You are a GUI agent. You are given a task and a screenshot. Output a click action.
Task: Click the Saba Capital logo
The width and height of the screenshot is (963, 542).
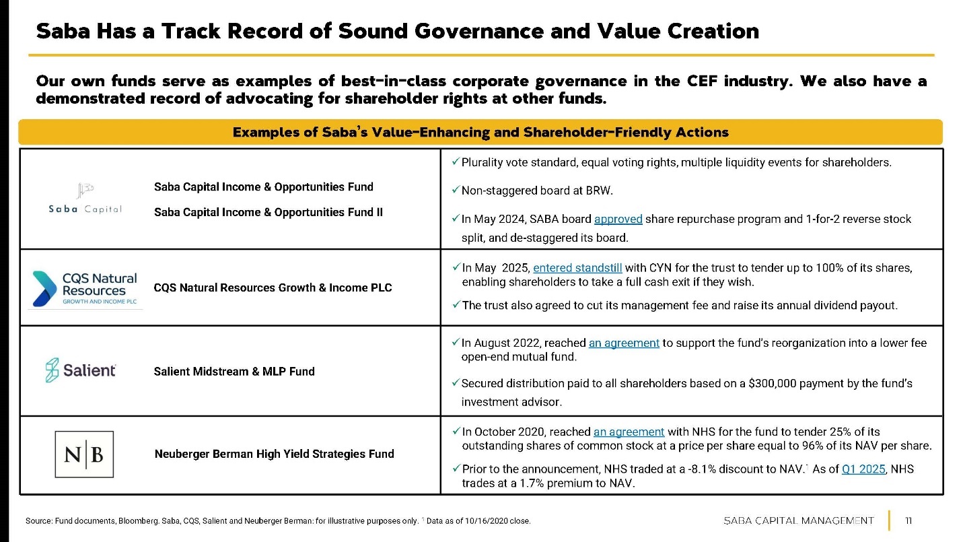coord(85,199)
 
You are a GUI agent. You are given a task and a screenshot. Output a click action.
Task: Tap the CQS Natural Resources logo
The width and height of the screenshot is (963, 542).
coord(85,288)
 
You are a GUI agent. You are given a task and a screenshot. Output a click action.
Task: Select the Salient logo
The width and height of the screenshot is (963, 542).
coord(81,370)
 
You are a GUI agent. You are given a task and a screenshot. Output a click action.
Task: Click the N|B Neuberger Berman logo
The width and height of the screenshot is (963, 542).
coord(84,454)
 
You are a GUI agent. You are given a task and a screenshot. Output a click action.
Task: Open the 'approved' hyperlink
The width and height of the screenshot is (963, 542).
coord(618,219)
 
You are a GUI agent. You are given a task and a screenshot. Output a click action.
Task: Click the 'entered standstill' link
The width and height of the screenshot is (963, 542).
coord(577,267)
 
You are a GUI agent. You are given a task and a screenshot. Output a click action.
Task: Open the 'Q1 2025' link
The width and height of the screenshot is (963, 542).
coord(863,469)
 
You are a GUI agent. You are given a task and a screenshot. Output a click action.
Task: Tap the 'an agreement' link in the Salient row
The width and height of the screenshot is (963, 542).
coord(624,343)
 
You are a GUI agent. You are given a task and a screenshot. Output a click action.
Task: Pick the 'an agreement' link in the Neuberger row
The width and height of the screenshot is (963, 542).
coord(629,432)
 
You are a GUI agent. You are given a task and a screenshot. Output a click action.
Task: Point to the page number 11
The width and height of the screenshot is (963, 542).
coord(908,520)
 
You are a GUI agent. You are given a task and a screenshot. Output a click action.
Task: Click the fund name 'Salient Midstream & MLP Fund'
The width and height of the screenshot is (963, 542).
coord(234,371)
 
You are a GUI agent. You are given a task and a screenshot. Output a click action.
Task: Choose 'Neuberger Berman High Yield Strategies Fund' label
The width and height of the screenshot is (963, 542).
coord(274,454)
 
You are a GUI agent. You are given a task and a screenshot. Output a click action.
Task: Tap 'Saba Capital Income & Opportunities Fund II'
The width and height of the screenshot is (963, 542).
coord(269,212)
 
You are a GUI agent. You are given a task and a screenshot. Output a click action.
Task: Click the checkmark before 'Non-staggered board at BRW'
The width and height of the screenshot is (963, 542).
coord(456,190)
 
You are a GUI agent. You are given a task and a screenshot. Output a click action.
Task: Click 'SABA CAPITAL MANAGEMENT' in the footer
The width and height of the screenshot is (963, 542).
coord(799,520)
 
